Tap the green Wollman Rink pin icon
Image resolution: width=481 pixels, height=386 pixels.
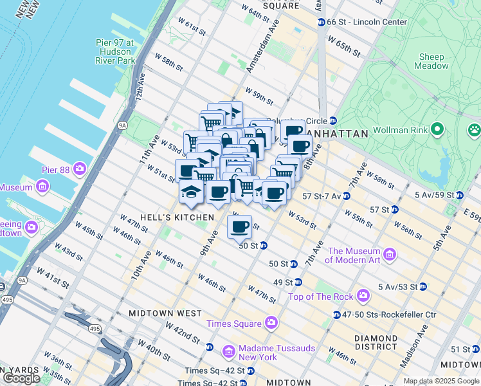[x=437, y=130]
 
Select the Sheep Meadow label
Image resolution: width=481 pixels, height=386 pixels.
[x=431, y=61]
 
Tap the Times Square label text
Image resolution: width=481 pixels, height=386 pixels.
[x=234, y=324]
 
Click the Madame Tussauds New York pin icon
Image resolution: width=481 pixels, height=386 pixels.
[x=228, y=352]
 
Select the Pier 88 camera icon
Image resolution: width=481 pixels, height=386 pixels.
[x=80, y=169]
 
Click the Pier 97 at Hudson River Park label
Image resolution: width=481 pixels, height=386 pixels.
[x=115, y=51]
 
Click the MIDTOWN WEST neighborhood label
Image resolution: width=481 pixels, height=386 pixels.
[x=165, y=313]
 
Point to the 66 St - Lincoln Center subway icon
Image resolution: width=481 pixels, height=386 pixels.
[x=321, y=22]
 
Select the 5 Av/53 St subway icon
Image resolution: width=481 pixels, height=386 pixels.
[x=422, y=286]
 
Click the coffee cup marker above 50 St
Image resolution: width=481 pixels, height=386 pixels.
[x=240, y=226]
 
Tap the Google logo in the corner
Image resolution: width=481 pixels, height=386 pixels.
[x=21, y=378]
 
